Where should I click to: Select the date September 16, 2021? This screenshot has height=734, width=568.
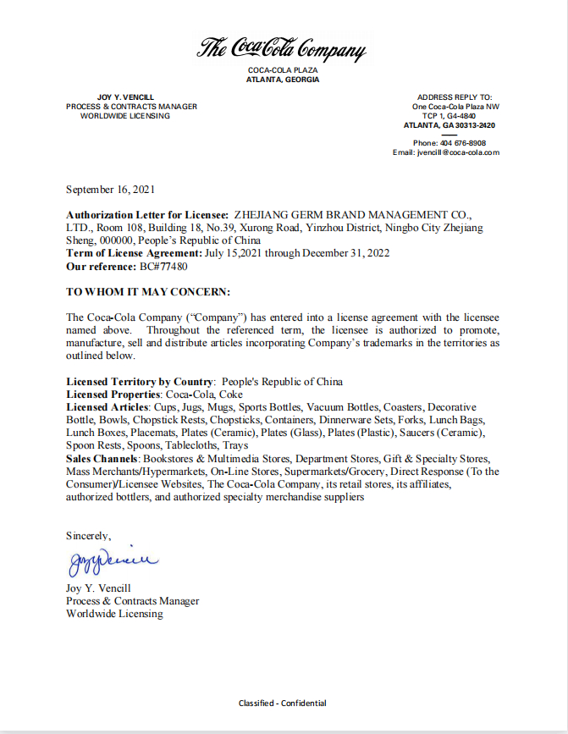point(110,190)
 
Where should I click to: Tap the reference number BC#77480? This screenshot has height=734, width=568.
point(163,266)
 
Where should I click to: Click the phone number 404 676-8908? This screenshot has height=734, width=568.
point(462,143)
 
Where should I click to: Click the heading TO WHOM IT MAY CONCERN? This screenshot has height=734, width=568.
point(148,291)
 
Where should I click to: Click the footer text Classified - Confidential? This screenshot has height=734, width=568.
point(283,703)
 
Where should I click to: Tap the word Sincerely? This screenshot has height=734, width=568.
point(88,535)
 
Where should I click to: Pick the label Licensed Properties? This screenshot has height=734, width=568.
point(113,395)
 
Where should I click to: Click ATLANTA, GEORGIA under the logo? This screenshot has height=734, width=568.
point(283,80)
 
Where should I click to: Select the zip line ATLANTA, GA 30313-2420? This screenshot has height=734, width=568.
point(449,125)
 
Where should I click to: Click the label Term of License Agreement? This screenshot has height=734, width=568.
point(134,253)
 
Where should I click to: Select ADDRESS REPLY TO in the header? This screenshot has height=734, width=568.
point(455,97)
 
